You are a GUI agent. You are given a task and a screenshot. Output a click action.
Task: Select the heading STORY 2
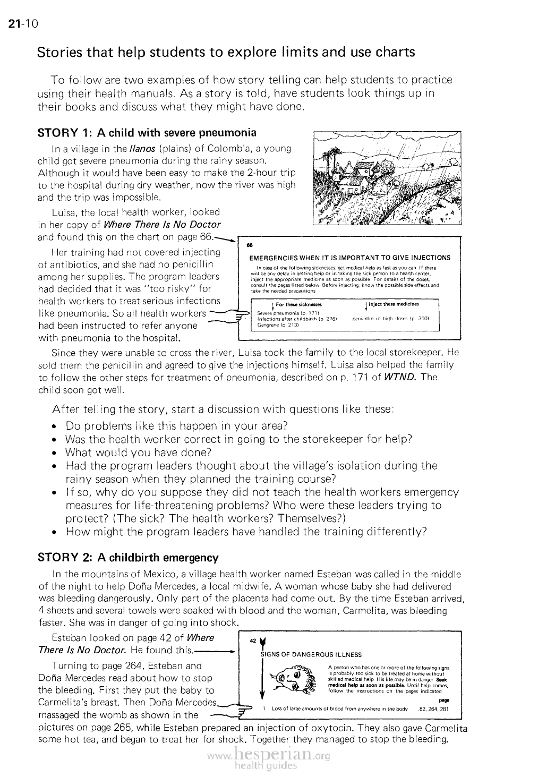click(x=128, y=558)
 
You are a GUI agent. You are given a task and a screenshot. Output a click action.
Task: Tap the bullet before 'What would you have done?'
click(x=55, y=453)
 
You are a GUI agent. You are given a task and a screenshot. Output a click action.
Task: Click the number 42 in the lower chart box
click(x=252, y=641)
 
